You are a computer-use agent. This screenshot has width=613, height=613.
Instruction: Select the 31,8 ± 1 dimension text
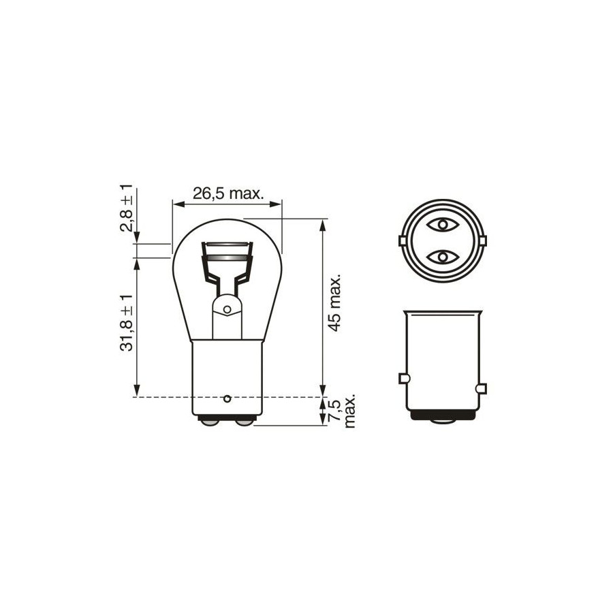click(127, 323)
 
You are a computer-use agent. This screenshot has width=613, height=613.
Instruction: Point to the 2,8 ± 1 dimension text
click(127, 208)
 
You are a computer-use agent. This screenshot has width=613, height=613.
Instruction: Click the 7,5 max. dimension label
click(342, 411)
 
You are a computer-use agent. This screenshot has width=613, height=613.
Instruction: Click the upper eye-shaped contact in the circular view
click(443, 225)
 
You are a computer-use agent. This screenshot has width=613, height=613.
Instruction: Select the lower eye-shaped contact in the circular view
click(443, 257)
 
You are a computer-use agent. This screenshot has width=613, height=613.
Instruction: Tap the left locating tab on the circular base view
click(402, 241)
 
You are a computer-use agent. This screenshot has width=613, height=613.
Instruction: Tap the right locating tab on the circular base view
click(483, 241)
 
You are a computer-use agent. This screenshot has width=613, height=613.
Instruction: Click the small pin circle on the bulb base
click(227, 399)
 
